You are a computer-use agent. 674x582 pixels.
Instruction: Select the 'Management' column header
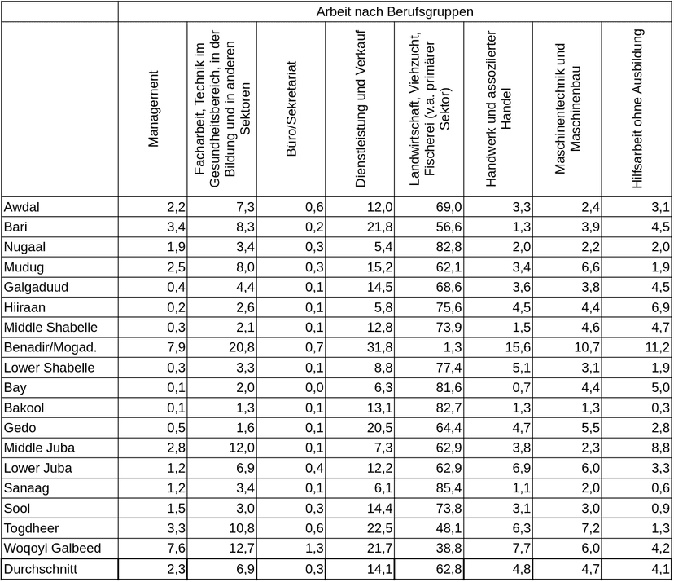point(153,108)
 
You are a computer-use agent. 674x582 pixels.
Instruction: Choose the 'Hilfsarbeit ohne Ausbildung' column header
point(637,109)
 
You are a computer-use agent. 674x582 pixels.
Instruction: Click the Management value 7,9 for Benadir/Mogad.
point(177,347)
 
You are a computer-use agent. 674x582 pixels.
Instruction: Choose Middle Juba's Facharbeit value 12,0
point(242,448)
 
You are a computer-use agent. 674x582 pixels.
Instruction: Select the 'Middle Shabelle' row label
point(50,328)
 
